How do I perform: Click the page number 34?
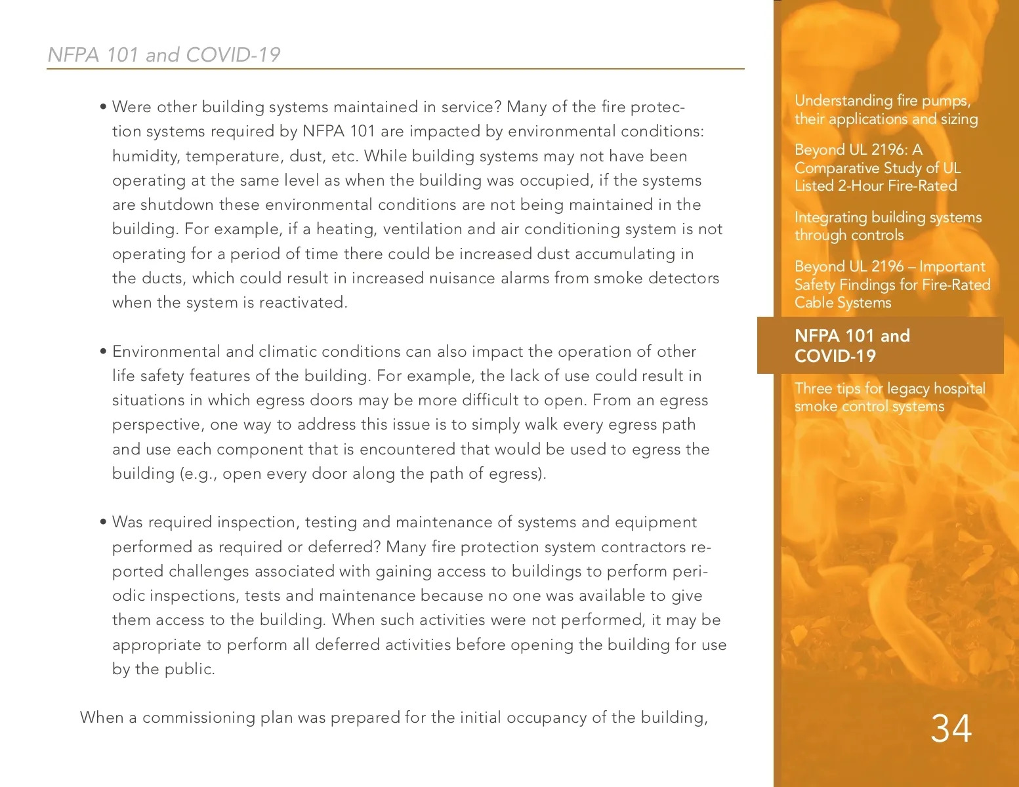click(x=951, y=729)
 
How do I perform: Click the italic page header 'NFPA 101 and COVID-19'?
click(x=164, y=54)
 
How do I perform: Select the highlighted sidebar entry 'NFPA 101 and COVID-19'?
click(x=852, y=346)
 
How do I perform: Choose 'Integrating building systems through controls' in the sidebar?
click(x=888, y=226)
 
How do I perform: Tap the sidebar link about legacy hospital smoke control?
click(x=889, y=397)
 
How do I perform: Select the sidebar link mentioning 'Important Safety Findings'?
click(x=892, y=285)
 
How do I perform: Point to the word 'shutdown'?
click(x=177, y=205)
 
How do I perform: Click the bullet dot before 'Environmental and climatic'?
click(x=104, y=352)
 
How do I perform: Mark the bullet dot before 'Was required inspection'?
click(x=104, y=523)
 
